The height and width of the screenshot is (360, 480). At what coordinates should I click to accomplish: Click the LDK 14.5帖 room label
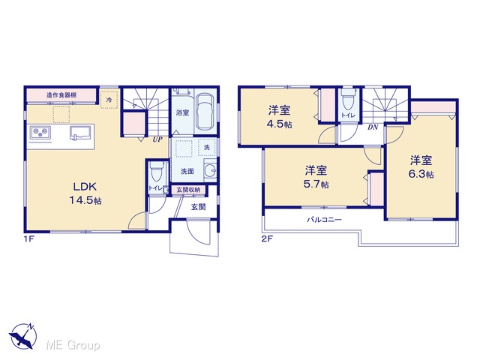[x=85, y=193]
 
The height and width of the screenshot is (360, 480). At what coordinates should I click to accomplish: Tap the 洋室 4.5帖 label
[x=280, y=117]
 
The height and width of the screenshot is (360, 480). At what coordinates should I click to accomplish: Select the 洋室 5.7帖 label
[x=316, y=177]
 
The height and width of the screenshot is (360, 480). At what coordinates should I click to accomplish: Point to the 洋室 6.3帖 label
[x=421, y=166]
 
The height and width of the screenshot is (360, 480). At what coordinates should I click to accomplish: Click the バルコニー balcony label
[x=325, y=220]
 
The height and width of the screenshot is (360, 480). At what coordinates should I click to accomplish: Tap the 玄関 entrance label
[x=198, y=207]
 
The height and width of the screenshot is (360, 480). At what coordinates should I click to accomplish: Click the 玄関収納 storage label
[x=188, y=190]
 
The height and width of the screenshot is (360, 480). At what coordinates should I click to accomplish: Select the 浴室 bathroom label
[x=182, y=112]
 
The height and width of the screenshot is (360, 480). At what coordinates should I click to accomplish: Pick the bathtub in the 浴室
[x=205, y=111]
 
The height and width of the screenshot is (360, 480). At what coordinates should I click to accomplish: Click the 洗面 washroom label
[x=187, y=172]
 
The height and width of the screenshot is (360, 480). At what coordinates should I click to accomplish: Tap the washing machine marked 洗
[x=207, y=147]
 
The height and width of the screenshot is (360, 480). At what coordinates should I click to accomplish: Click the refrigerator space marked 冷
[x=109, y=100]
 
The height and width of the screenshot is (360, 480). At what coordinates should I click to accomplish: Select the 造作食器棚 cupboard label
[x=61, y=95]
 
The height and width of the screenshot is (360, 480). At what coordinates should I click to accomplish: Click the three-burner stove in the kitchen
[x=40, y=133]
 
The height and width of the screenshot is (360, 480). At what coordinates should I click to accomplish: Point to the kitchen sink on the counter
[x=80, y=133]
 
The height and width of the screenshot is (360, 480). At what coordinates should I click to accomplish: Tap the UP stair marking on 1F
[x=157, y=139]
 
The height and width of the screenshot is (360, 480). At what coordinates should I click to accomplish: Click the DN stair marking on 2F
[x=373, y=127]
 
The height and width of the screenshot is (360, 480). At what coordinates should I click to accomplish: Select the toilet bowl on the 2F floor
[x=348, y=99]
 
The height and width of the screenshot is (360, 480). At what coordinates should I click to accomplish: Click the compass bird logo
[x=22, y=336]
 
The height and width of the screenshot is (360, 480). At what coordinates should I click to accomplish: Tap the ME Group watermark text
[x=73, y=346]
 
